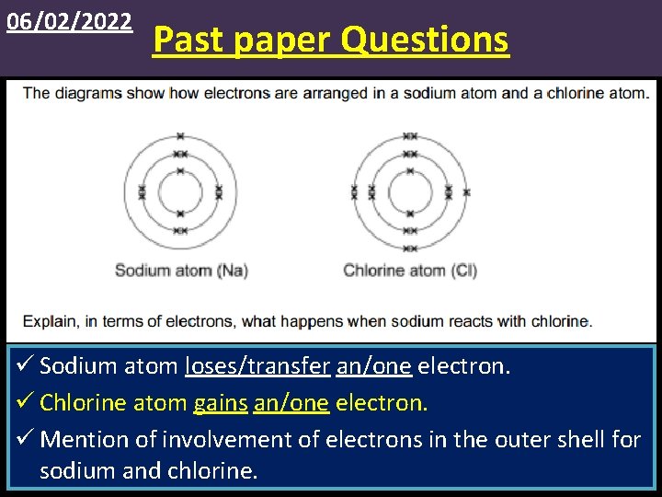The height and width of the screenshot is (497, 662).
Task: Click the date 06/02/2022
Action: coord(69,21)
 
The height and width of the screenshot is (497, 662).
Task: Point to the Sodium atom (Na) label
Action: coord(181,271)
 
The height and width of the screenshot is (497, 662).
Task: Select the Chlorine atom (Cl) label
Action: coord(410,271)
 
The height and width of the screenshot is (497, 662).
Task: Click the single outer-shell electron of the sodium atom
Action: coord(180,136)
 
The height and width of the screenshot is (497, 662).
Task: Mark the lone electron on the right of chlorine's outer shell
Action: coord(466,192)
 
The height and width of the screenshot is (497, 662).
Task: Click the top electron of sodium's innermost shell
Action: coord(180,170)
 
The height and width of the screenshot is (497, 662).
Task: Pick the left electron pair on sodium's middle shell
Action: coord(142,192)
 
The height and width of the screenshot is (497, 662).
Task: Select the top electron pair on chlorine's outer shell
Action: coord(410,136)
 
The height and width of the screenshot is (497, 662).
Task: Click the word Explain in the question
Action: coord(49,321)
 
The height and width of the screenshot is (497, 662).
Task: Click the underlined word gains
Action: coord(221,402)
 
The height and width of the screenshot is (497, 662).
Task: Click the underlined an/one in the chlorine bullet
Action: coord(291,402)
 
